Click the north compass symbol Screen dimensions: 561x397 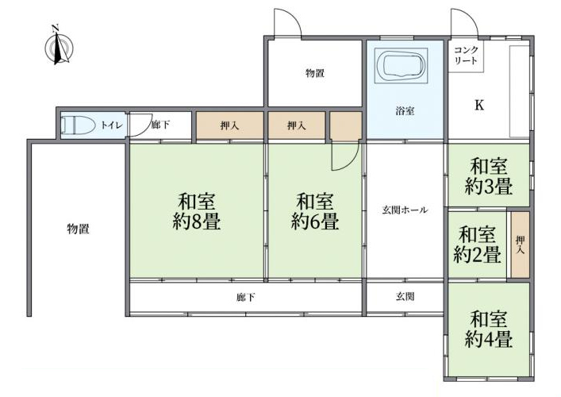tap(58, 46)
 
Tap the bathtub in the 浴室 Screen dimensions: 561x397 tap(401, 66)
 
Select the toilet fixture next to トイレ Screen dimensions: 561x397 tap(78, 125)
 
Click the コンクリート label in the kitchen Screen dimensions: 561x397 tap(466, 55)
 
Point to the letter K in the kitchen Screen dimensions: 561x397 tap(479, 106)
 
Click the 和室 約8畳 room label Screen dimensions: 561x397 tap(197, 211)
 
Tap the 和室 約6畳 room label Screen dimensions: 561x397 tap(315, 211)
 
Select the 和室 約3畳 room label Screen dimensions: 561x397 tap(489, 176)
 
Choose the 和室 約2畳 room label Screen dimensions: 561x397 tap(477, 245)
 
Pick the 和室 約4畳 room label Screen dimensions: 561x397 tap(489, 330)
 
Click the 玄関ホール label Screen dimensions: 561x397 tap(405, 210)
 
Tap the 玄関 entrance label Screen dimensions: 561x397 tap(405, 296)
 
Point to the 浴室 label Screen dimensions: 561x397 tap(405, 111)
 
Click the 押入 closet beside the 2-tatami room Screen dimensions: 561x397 tap(521, 245)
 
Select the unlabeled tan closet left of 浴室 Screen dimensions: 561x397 tap(346, 125)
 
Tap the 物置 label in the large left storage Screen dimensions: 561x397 tap(78, 229)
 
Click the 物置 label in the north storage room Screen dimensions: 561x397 tap(315, 73)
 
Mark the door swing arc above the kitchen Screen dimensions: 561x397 tap(465, 22)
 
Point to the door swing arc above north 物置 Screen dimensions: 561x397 tap(288, 22)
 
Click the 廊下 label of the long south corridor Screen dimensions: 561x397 tap(246, 297)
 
